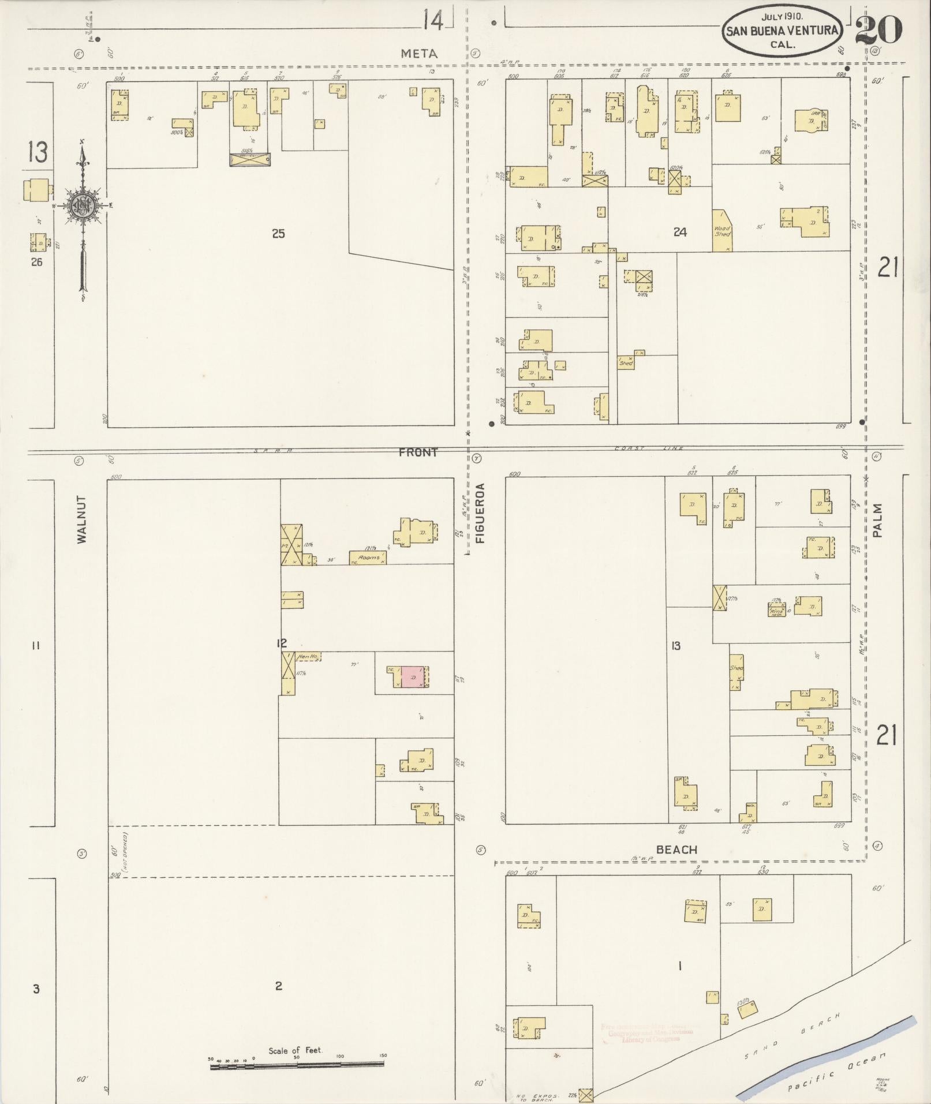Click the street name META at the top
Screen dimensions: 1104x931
[420, 54]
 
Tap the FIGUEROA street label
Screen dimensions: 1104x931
[480, 514]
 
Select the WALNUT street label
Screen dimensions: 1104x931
[81, 519]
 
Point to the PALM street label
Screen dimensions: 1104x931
[877, 521]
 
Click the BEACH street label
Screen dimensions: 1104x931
[676, 849]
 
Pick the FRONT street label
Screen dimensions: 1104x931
[417, 452]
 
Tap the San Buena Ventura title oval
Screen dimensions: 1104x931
[782, 31]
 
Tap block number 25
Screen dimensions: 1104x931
[278, 234]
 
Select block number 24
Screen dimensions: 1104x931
[680, 232]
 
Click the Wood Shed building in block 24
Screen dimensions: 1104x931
[722, 231]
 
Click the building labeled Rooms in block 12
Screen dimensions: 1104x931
[368, 557]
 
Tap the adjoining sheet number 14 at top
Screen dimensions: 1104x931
[433, 22]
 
